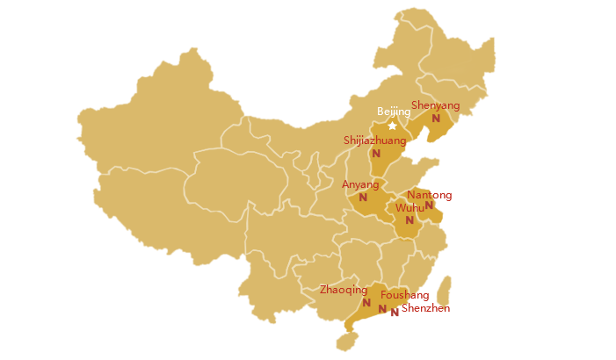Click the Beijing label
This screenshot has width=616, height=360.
tap(393, 112)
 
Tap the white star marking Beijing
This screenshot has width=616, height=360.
tap(392, 126)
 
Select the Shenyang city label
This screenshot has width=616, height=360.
tap(435, 105)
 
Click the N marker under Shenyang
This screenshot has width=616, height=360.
tap(435, 119)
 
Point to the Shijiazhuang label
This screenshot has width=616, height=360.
tap(374, 140)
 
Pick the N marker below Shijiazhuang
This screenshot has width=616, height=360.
tap(376, 154)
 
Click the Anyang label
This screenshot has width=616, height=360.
tap(360, 184)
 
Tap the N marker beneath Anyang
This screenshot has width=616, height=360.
tap(363, 198)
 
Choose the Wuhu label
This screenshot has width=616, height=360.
tap(409, 208)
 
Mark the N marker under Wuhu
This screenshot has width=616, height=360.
tap(409, 220)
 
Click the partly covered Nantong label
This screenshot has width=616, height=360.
tap(419, 194)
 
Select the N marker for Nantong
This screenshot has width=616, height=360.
tap(429, 205)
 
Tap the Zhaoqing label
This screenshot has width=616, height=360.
tap(344, 289)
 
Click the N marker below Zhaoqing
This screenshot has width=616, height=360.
tap(366, 302)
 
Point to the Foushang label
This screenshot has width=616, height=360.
tap(404, 296)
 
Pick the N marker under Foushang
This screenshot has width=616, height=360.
tap(382, 308)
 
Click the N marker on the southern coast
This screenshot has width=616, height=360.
tap(395, 312)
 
